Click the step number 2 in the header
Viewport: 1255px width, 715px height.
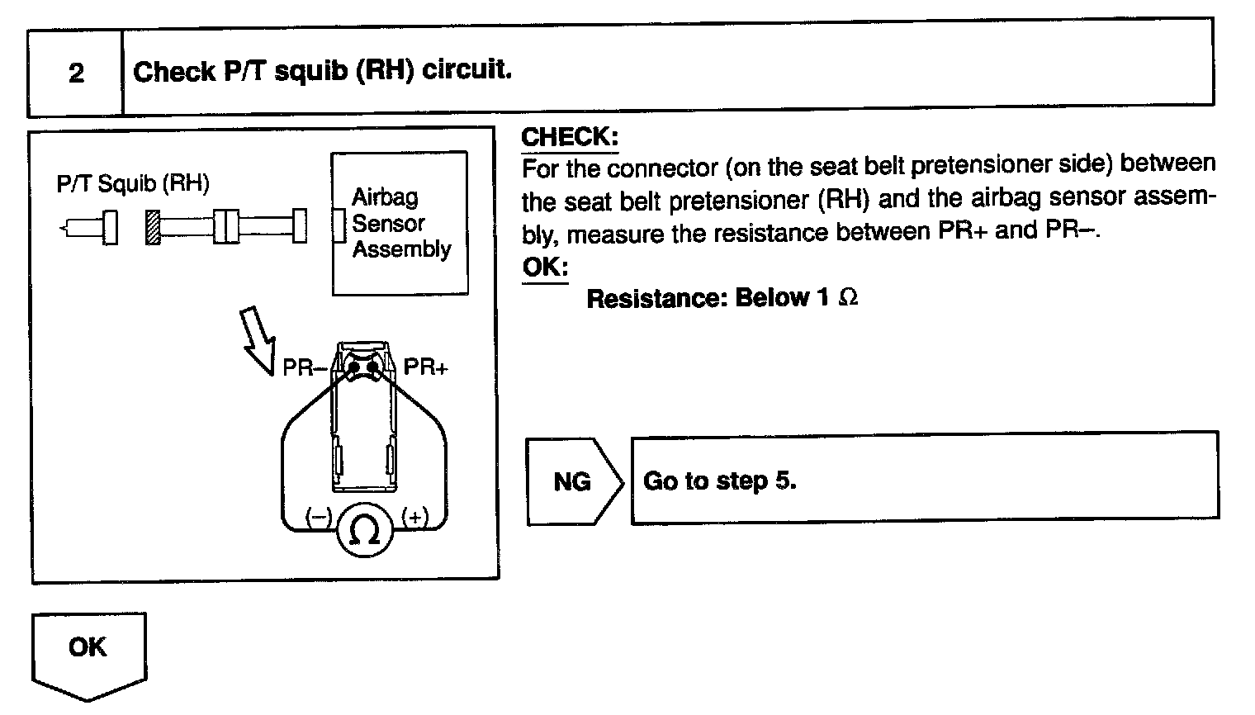pyautogui.click(x=76, y=73)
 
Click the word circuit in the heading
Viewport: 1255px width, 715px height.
pyautogui.click(x=466, y=69)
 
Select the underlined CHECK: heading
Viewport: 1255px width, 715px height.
pyautogui.click(x=570, y=136)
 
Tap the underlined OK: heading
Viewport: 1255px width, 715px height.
pyautogui.click(x=545, y=268)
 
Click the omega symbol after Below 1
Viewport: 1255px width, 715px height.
pyautogui.click(x=848, y=298)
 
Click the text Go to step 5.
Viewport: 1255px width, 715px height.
pyautogui.click(x=719, y=481)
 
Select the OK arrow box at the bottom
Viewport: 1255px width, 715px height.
pyautogui.click(x=88, y=652)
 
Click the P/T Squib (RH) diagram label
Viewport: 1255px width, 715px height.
pyautogui.click(x=133, y=183)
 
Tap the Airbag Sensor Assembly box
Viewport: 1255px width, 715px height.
pyautogui.click(x=400, y=223)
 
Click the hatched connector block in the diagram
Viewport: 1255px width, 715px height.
pyautogui.click(x=152, y=227)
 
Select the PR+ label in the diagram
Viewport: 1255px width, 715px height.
pyautogui.click(x=425, y=367)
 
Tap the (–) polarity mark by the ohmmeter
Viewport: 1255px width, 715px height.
pyautogui.click(x=319, y=518)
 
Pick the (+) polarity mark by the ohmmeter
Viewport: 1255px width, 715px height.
pyautogui.click(x=414, y=518)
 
